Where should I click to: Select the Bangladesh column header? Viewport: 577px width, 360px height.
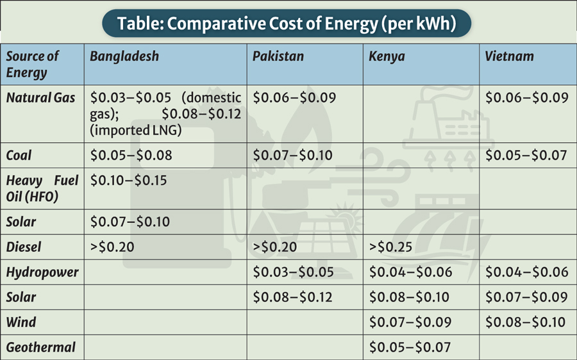[x=124, y=56]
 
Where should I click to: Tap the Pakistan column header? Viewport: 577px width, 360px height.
[x=278, y=56]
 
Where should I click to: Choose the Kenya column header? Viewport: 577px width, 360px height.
[x=387, y=56]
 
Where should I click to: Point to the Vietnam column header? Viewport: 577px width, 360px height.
[x=509, y=56]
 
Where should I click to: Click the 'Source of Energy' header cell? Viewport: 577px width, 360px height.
[x=32, y=64]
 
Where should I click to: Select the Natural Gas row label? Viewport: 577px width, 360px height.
[x=40, y=98]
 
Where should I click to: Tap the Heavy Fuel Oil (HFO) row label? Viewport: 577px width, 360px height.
[x=42, y=188]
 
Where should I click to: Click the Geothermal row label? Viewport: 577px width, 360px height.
[x=41, y=347]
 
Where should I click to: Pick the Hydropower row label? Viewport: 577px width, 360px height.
[x=42, y=272]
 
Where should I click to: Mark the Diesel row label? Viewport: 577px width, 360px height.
[x=24, y=247]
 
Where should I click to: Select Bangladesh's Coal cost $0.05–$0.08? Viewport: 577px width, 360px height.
[x=131, y=156]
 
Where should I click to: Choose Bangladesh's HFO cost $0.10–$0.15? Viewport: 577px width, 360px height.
[x=128, y=181]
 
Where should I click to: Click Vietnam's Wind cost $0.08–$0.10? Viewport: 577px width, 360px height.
[x=526, y=322]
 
